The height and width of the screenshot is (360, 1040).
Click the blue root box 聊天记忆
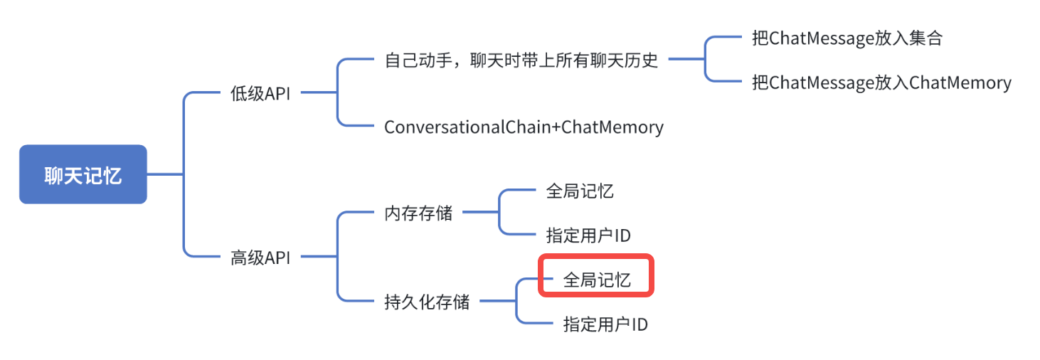point(83,174)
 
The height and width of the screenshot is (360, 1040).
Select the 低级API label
point(260,94)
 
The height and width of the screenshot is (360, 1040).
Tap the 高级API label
point(260,257)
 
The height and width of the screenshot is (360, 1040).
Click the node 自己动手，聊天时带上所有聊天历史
point(521,60)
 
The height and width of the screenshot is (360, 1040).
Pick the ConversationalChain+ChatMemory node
point(524,127)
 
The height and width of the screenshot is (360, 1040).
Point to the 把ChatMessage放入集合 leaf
point(847,38)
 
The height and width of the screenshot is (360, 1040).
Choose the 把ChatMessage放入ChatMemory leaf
point(881,83)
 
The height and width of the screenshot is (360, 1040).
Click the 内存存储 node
point(418,213)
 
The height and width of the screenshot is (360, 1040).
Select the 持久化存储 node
point(427,302)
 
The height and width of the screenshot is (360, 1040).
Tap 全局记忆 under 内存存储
point(580,191)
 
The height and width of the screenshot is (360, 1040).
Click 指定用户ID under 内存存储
point(588,235)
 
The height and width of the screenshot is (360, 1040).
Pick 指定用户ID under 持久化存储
point(605,324)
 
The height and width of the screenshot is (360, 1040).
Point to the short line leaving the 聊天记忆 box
point(165,174)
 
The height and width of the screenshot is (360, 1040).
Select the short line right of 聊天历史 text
point(685,60)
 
